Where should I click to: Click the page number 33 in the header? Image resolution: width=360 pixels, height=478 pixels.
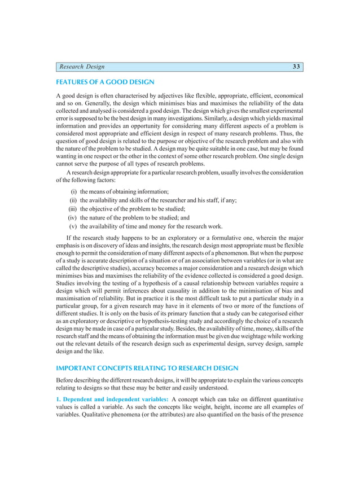pos(296,67)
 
